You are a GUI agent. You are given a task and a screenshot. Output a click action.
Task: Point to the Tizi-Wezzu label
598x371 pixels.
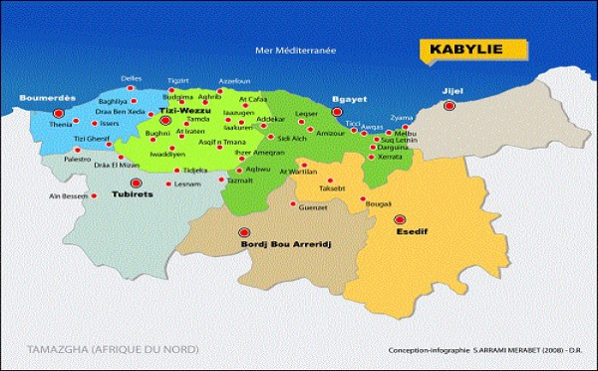(197, 111)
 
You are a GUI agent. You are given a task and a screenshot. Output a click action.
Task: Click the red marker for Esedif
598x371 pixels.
(401, 219)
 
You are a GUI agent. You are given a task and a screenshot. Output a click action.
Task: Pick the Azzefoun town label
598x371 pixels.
(234, 80)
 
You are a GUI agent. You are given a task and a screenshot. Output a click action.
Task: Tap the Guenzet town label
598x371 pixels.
(313, 206)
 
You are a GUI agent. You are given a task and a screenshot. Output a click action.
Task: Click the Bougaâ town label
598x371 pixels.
(379, 202)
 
